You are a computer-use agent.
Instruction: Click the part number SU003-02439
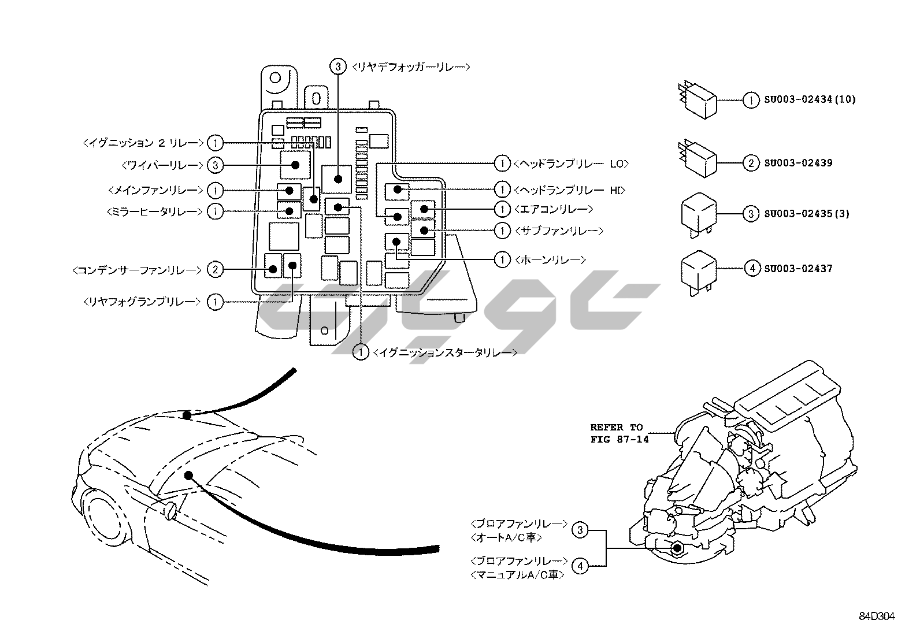(798, 163)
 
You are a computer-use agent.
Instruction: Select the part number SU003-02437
(798, 269)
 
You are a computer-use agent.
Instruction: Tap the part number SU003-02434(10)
(809, 99)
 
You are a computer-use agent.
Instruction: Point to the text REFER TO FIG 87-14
(619, 433)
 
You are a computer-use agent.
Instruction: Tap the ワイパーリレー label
(163, 165)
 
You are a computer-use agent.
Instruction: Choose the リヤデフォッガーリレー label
(410, 67)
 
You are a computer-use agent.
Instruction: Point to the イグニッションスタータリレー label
(445, 352)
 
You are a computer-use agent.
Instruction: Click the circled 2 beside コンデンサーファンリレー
(214, 269)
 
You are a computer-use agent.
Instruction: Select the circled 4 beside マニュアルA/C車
(580, 566)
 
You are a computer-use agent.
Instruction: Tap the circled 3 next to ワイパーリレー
(214, 165)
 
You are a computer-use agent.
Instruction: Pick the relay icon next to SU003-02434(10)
(698, 99)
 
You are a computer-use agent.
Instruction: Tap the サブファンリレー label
(558, 231)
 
